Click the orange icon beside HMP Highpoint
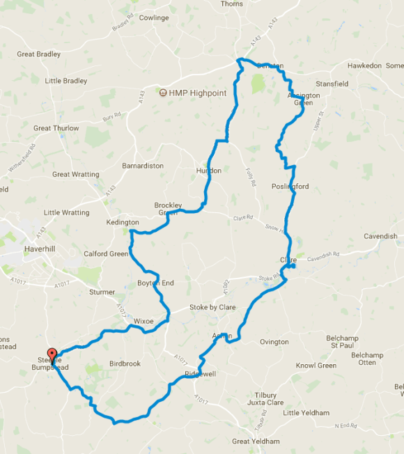163,91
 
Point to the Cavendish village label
380,236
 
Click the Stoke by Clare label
212,307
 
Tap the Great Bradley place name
40,54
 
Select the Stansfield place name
332,84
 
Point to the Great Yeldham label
255,441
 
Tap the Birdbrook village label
125,363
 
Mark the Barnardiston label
143,166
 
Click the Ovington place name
274,342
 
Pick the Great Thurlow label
56,128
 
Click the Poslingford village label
290,187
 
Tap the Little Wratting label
66,212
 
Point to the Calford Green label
106,254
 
